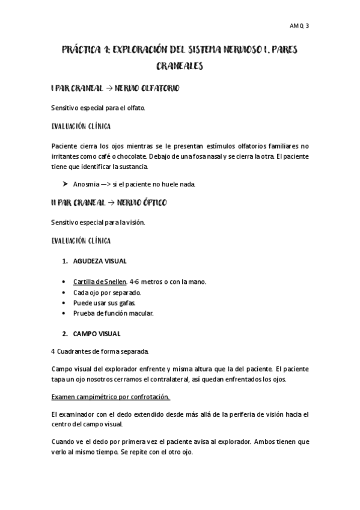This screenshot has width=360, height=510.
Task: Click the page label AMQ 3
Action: coord(299,26)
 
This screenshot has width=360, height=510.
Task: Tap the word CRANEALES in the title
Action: coord(179,66)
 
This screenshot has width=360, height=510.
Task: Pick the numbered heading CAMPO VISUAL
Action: coord(97,333)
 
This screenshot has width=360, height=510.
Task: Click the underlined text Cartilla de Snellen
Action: coord(100,281)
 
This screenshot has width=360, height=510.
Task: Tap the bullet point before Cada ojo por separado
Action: coord(64,292)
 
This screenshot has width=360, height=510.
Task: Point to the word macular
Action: coord(142,314)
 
